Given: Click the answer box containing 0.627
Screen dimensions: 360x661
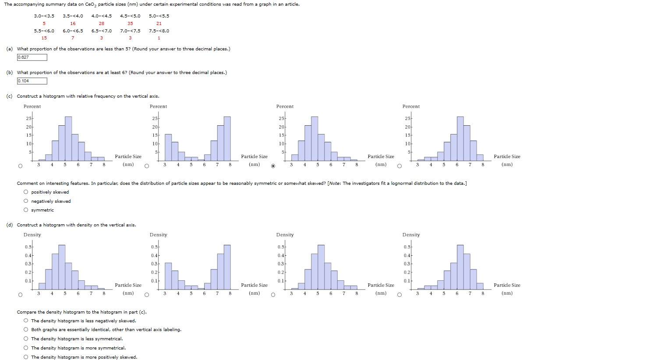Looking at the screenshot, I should (x=32, y=57).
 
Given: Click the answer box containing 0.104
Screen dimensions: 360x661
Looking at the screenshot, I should (x=32, y=81).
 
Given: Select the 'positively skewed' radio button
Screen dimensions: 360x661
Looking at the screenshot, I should (x=27, y=192).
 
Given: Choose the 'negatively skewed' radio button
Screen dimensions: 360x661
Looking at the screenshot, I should (x=27, y=201).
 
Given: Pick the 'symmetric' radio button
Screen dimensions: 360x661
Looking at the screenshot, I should (x=27, y=210).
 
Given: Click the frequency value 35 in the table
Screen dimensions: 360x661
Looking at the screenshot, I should (x=130, y=23).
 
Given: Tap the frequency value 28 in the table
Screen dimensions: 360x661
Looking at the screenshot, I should (x=102, y=23).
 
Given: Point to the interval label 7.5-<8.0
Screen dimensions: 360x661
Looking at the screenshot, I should (x=159, y=31).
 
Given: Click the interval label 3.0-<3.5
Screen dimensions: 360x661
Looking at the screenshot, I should (x=44, y=16).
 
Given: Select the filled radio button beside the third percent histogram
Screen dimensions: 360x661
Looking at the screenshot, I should (x=273, y=166).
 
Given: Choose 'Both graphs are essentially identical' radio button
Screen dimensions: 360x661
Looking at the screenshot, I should (x=27, y=330).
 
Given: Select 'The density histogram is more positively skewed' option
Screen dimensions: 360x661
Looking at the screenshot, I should (x=27, y=357).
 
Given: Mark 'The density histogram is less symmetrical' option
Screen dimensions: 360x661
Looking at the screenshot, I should (x=27, y=339).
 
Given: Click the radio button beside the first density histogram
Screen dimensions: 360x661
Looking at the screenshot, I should (x=20, y=295).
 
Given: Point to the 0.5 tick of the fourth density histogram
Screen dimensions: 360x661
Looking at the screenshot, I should (x=406, y=247).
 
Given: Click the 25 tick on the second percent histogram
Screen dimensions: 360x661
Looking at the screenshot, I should (x=155, y=119).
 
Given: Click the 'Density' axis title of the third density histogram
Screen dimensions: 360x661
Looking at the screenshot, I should (x=285, y=235).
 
